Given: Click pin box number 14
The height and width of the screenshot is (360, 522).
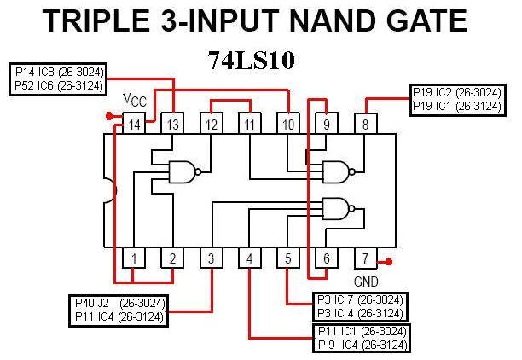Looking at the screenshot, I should pyautogui.click(x=134, y=125).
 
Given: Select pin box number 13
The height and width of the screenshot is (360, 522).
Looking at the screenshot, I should pyautogui.click(x=172, y=125).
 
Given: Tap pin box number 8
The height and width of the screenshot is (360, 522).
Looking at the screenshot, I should pyautogui.click(x=365, y=125).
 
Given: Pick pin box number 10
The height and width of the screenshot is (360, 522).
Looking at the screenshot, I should pyautogui.click(x=288, y=125).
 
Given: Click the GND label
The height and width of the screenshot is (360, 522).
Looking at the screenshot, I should pyautogui.click(x=365, y=281).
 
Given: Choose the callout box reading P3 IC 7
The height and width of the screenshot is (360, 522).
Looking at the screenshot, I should pyautogui.click(x=358, y=305).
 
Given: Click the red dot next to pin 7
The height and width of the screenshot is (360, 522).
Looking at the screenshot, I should pyautogui.click(x=389, y=262).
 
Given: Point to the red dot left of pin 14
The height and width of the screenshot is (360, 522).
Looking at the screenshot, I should pyautogui.click(x=108, y=116).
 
